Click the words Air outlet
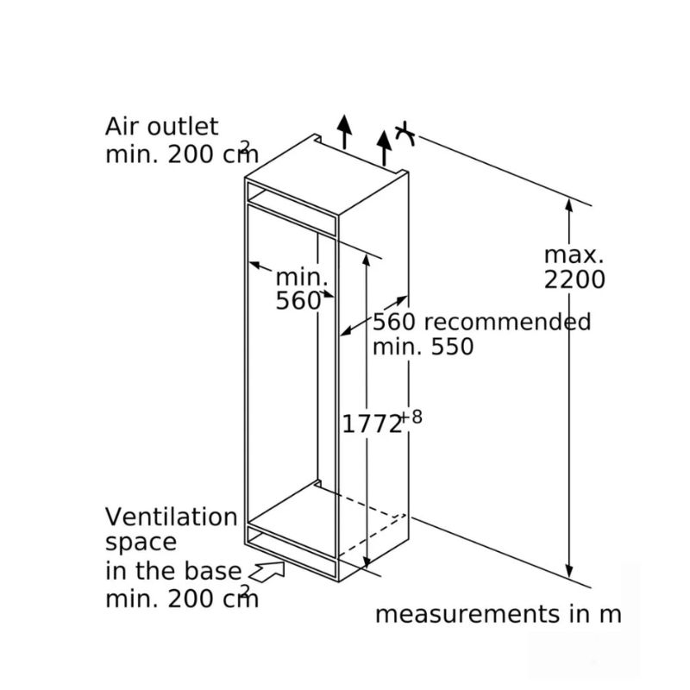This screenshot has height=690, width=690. click(x=161, y=127)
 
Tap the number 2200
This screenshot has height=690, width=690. click(x=574, y=279)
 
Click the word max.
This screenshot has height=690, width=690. click(x=574, y=254)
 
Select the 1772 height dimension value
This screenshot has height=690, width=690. click(x=372, y=424)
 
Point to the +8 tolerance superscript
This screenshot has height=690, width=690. click(x=411, y=417)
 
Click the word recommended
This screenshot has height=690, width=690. click(x=507, y=322)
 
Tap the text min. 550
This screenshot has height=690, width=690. click(x=423, y=347)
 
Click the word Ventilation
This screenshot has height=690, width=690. click(x=171, y=517)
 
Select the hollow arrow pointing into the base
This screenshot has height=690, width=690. click(x=267, y=571)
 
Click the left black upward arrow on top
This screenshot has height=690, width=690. click(x=344, y=132)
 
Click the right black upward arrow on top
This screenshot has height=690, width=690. click(x=384, y=147)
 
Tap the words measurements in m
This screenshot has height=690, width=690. click(x=499, y=614)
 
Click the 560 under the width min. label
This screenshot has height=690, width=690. click(x=298, y=301)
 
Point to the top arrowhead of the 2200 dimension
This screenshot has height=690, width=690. click(x=569, y=206)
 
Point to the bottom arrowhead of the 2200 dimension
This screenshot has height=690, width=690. click(x=569, y=571)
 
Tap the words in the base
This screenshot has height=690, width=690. click(x=173, y=571)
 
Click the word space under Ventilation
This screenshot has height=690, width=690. click(x=141, y=543)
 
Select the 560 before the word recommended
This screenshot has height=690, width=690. click(x=394, y=322)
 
